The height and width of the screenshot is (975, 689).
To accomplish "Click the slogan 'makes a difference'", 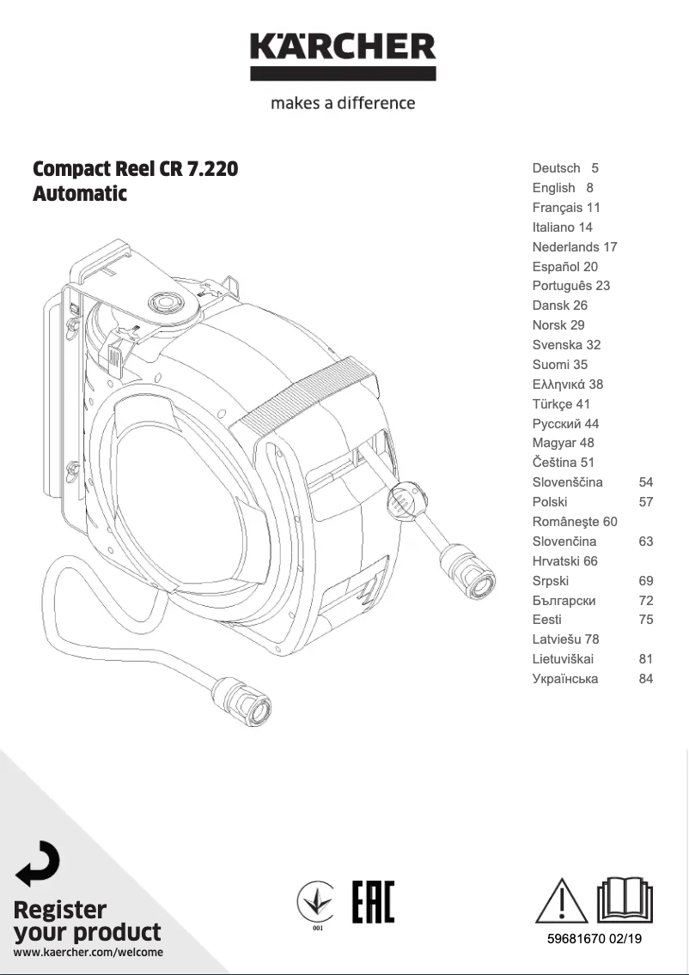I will click(343, 103).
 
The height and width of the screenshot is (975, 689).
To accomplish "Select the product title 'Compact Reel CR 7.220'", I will click(135, 169).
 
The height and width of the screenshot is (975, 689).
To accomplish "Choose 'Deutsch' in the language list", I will click(556, 168).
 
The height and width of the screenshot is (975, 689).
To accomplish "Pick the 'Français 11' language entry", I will click(566, 208).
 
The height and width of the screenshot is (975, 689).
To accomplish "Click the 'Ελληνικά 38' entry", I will click(568, 385).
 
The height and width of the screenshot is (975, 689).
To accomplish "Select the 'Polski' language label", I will click(550, 502).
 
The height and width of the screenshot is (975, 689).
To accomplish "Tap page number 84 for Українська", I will click(646, 679).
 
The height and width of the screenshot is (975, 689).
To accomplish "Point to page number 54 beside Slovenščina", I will click(646, 482).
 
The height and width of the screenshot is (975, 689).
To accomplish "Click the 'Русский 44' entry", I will click(566, 424).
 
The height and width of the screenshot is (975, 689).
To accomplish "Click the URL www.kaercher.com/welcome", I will click(88, 952).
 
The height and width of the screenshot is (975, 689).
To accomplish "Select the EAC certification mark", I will click(373, 902).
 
